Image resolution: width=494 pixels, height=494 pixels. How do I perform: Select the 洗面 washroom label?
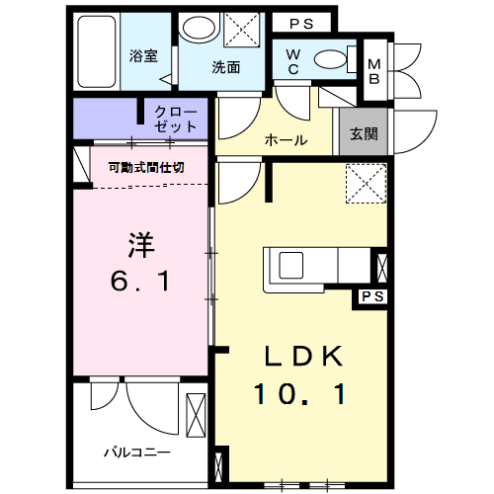pos(226,68)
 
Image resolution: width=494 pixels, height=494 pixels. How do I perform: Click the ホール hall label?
pos(285,140)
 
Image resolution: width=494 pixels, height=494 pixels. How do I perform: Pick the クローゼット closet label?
pos(176,120)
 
